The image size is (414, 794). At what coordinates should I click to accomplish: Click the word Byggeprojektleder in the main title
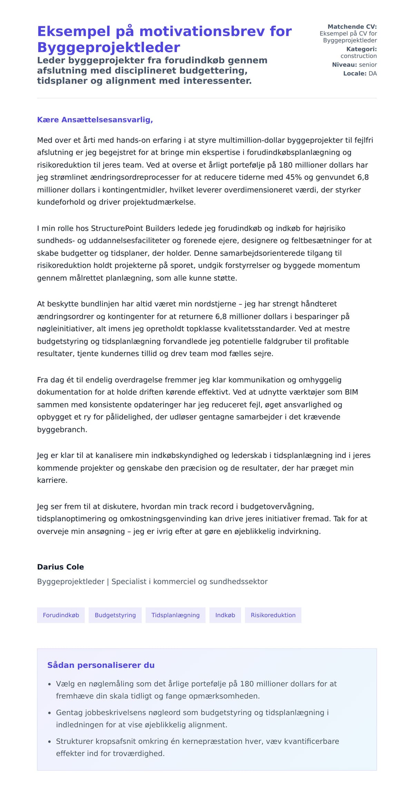coord(108,47)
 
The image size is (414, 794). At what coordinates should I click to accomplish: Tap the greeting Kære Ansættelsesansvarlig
coord(95,120)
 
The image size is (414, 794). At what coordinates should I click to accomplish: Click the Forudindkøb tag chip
coord(61,615)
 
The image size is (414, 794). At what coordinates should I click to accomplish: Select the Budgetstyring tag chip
coord(115,615)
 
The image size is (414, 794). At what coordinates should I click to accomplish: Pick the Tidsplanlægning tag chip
coord(175,615)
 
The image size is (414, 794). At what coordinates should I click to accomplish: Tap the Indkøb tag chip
coord(225,615)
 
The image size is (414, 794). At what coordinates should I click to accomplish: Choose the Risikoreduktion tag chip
coord(273,615)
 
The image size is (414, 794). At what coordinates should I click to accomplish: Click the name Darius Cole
coord(60,567)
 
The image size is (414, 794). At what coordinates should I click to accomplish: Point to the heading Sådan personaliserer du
coord(101,665)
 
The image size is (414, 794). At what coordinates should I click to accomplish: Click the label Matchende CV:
coord(352,27)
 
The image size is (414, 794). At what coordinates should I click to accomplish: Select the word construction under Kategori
coord(358,56)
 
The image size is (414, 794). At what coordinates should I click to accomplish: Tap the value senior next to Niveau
coord(368,65)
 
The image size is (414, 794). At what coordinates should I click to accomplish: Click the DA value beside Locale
coord(373,73)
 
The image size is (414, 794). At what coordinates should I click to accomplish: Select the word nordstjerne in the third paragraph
coord(215,304)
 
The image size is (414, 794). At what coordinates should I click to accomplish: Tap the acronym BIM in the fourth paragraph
coord(351,392)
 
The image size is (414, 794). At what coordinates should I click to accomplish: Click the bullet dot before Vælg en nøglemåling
coord(49,684)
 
